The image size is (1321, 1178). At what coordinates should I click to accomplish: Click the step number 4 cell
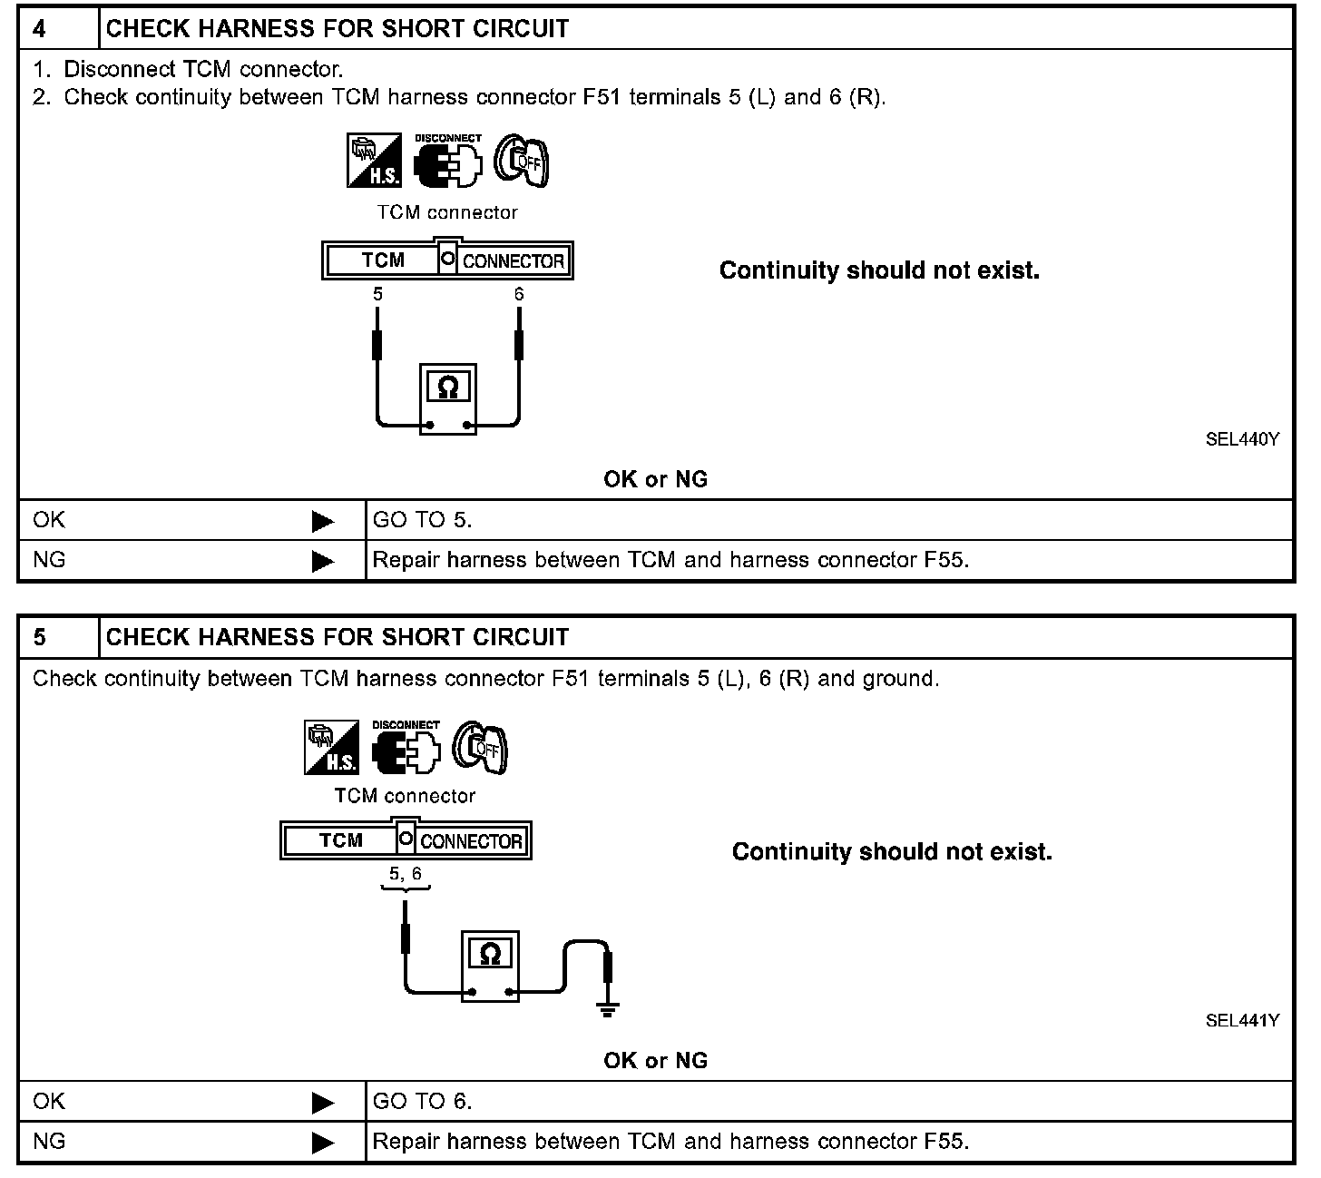tap(57, 28)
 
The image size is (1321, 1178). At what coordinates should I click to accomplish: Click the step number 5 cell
tap(57, 637)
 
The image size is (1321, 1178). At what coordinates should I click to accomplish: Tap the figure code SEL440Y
tap(1242, 439)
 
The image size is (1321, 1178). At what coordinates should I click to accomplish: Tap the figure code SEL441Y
tap(1242, 1020)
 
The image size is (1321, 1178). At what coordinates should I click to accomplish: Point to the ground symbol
tap(608, 1007)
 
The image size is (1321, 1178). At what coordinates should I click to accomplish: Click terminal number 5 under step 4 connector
tap(377, 294)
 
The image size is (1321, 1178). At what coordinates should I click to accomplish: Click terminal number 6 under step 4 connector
tap(519, 294)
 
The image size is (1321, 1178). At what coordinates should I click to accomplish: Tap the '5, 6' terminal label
tap(406, 874)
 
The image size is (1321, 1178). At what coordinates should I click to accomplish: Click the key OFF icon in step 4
tap(522, 162)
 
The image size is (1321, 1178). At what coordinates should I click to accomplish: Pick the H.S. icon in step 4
tap(375, 162)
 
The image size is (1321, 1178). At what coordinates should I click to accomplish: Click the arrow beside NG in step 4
tap(322, 561)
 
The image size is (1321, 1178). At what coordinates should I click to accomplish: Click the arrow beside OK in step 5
tap(322, 1103)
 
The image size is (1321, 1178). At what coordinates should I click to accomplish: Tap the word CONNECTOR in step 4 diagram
tap(514, 261)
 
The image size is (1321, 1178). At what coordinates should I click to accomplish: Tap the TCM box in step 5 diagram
tap(340, 840)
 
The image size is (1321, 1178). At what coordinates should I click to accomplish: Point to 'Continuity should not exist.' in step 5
tap(892, 852)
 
